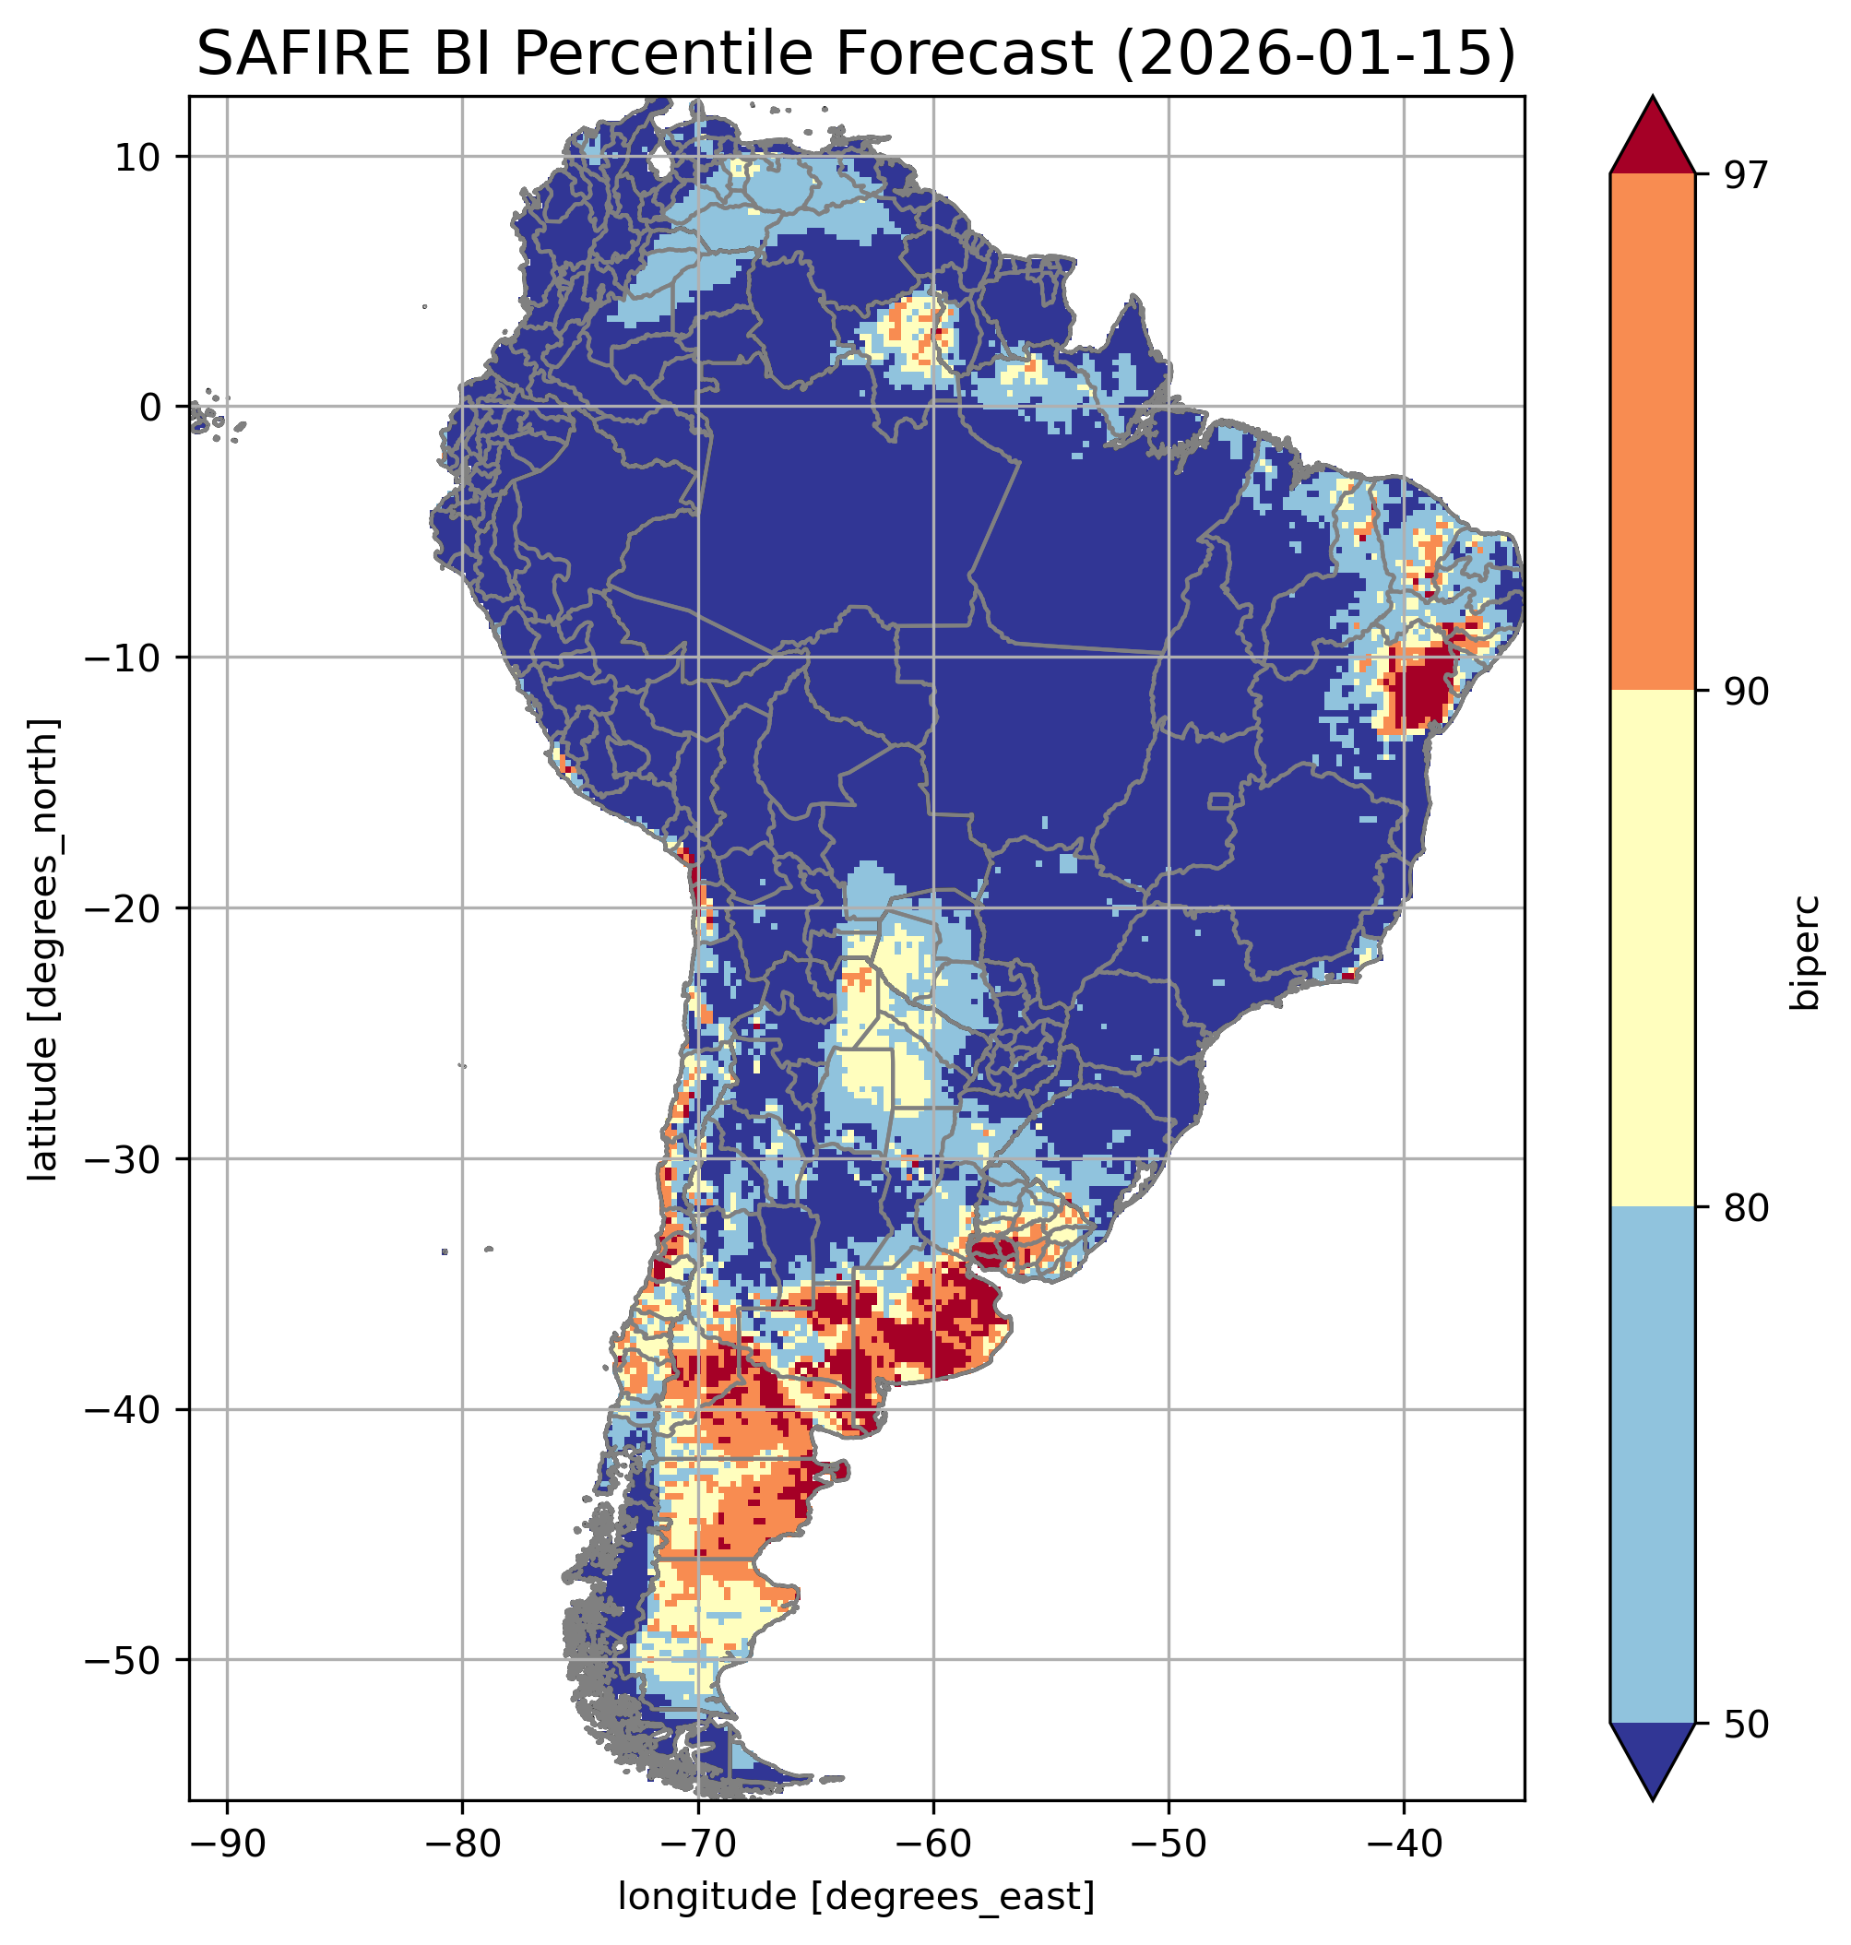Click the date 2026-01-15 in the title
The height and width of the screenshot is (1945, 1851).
1312,53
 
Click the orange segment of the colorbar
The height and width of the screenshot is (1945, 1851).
1652,433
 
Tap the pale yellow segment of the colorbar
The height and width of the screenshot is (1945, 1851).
1652,948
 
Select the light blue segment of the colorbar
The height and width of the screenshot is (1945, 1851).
1652,1465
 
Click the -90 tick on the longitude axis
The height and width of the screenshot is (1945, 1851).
227,1842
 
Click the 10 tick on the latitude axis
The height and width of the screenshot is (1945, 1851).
138,157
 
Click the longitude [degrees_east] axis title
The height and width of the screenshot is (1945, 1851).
856,1895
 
